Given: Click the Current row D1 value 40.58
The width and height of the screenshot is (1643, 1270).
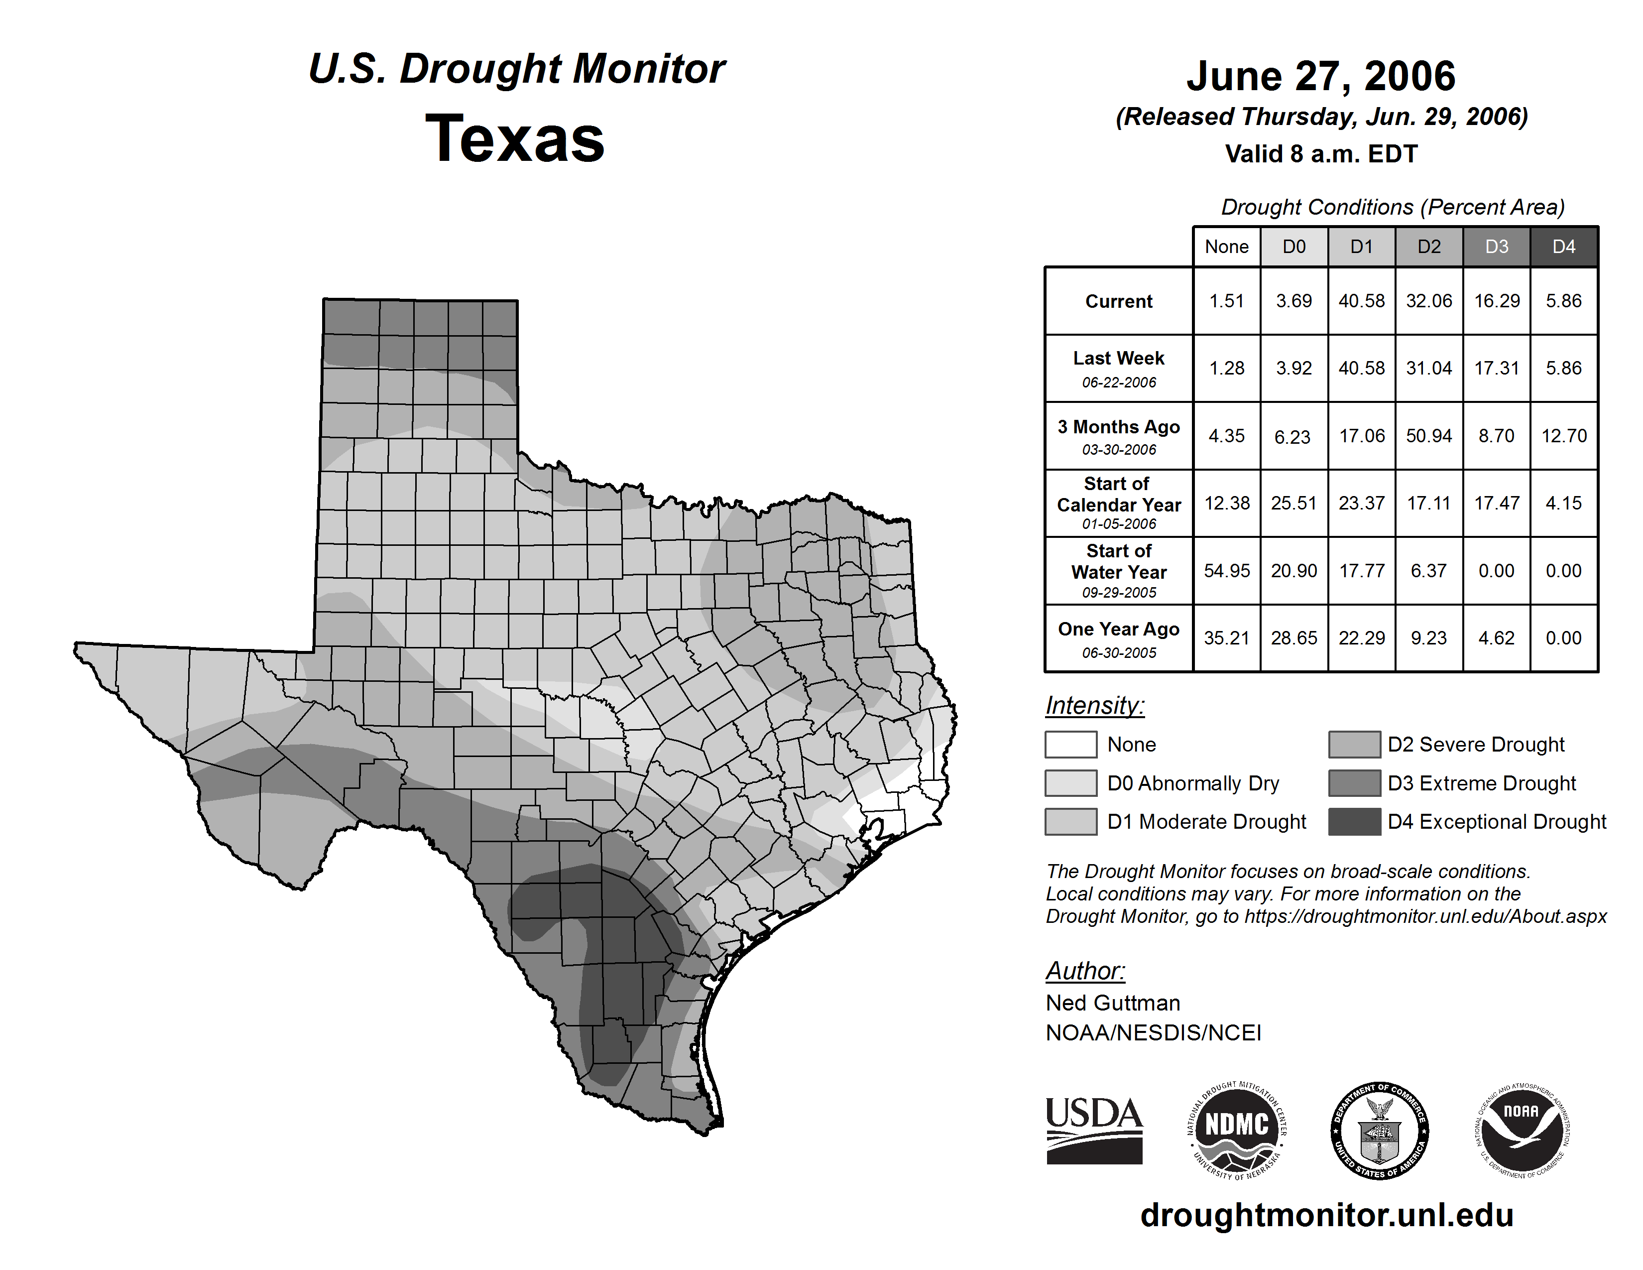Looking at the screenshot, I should click(1361, 301).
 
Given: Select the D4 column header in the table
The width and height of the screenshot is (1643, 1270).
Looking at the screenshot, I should click(1563, 247).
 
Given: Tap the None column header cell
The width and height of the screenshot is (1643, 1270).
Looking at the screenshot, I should click(1226, 247).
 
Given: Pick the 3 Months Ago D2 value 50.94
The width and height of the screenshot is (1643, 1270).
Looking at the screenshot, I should click(1428, 436).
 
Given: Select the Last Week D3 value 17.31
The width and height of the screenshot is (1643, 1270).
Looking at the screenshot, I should click(1496, 368).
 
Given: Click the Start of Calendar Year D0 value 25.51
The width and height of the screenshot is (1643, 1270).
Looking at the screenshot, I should click(1294, 503).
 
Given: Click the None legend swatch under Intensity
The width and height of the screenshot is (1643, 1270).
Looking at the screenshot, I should click(1070, 744).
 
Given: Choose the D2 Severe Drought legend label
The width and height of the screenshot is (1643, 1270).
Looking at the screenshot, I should click(1475, 744).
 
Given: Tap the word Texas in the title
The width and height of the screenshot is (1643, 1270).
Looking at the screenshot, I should click(515, 138).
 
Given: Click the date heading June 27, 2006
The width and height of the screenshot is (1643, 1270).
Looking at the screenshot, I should click(1321, 76).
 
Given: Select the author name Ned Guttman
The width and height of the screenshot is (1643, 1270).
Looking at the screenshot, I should click(1113, 1003).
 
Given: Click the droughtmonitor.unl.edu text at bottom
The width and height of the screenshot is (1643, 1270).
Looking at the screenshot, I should click(1326, 1215).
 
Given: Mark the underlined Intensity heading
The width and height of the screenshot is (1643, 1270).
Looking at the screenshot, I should click(1094, 706).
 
